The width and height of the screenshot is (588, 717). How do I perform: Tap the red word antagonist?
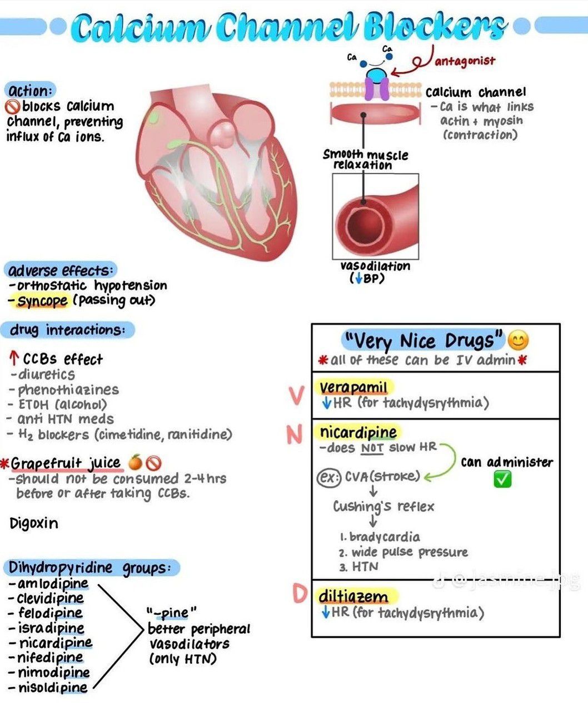click(465, 61)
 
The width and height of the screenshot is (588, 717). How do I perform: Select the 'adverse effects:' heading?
click(60, 270)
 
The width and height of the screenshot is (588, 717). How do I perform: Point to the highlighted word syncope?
click(42, 301)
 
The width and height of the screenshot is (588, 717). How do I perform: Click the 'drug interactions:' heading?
click(67, 330)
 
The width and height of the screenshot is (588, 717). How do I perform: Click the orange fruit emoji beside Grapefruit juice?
click(135, 462)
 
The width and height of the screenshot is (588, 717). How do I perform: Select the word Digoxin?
click(34, 523)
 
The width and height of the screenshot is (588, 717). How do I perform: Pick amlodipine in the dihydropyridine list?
click(53, 584)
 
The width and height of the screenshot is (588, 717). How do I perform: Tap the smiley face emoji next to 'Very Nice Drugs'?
click(518, 340)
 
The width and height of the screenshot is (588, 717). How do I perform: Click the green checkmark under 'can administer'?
click(502, 479)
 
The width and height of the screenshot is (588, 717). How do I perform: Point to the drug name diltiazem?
click(353, 597)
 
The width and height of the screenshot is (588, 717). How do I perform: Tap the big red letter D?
click(300, 594)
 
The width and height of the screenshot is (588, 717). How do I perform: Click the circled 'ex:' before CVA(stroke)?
click(328, 477)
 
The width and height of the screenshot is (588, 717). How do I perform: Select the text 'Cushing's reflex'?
click(383, 507)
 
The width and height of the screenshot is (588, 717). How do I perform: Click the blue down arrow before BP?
click(359, 279)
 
